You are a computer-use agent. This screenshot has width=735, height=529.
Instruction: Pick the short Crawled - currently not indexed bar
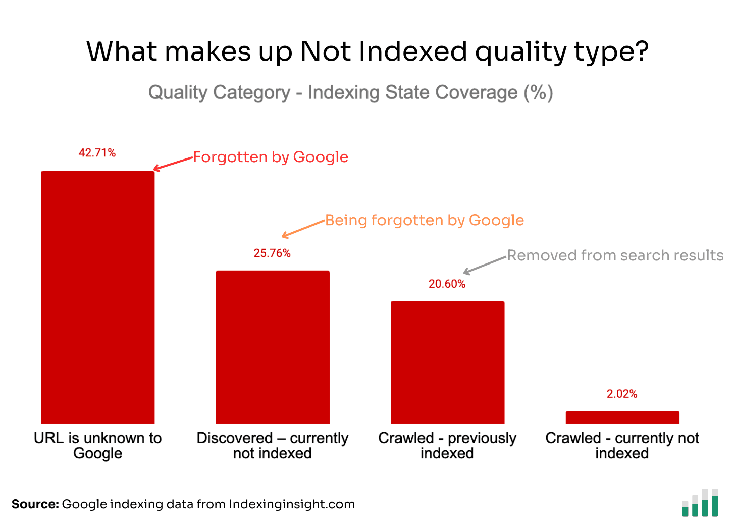click(x=622, y=417)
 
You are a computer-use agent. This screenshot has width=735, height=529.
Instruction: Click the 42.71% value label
click(x=97, y=153)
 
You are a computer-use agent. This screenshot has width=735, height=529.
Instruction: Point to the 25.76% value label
click(x=272, y=253)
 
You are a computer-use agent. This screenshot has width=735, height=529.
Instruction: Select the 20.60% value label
click(x=447, y=284)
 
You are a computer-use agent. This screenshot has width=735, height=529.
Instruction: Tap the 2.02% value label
click(x=622, y=394)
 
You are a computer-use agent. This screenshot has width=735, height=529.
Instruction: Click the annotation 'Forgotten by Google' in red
click(x=271, y=157)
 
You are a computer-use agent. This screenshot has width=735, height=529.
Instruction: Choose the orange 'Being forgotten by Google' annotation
click(x=425, y=220)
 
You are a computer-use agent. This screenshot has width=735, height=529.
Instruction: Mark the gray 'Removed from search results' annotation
click(x=615, y=255)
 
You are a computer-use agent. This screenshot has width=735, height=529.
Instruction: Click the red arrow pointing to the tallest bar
click(x=173, y=164)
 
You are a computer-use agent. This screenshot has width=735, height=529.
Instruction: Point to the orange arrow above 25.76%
click(x=303, y=229)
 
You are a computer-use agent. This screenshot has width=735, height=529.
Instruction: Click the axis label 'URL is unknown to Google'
click(x=97, y=445)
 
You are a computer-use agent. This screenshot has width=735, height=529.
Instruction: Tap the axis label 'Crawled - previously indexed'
click(x=447, y=445)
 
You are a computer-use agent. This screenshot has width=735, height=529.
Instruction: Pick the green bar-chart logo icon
click(x=700, y=503)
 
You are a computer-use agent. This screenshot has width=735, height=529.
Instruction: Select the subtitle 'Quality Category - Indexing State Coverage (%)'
click(x=351, y=92)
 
